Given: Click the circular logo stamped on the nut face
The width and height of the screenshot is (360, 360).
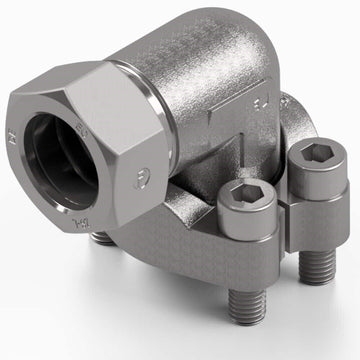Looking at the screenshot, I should point(136,179).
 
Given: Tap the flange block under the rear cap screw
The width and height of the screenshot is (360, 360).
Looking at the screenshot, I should point(300,215).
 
